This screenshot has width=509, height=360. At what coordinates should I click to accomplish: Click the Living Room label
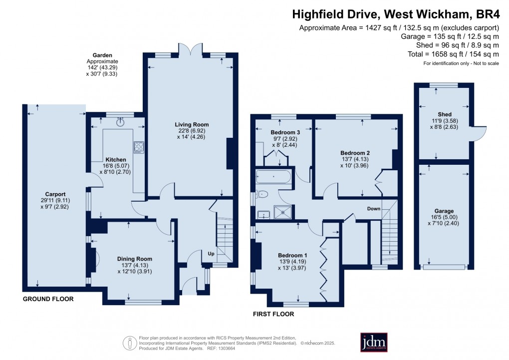pos(191,124)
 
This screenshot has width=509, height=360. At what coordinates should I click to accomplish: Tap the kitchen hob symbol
pos(138,147)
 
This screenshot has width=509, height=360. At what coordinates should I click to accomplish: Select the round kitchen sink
pos(120,120)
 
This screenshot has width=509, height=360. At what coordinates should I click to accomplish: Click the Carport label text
pos(55,194)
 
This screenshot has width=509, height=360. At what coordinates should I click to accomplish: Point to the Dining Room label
pos(134,259)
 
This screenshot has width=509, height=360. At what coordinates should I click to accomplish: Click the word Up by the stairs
pos(212,253)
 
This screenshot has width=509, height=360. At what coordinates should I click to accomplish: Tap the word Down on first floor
pos(373,208)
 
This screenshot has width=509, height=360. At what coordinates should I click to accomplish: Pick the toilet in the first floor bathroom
pos(262,194)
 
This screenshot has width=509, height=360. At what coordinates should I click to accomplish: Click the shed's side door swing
pos(480,132)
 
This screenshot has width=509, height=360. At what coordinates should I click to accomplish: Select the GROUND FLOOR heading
pos(48,299)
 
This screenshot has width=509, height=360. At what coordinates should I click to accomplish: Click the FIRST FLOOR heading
pos(273,314)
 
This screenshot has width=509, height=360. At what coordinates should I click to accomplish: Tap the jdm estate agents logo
pos(374,342)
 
